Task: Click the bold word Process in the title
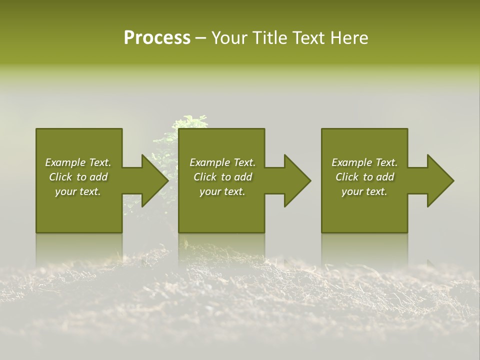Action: [x=157, y=38]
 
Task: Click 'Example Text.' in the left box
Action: [x=78, y=162]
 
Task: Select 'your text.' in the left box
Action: [x=78, y=191]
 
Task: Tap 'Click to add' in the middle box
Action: [x=222, y=177]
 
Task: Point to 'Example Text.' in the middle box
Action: [x=222, y=162]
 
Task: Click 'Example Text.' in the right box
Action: [x=364, y=162]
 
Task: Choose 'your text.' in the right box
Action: [x=364, y=191]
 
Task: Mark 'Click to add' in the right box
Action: [x=364, y=177]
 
